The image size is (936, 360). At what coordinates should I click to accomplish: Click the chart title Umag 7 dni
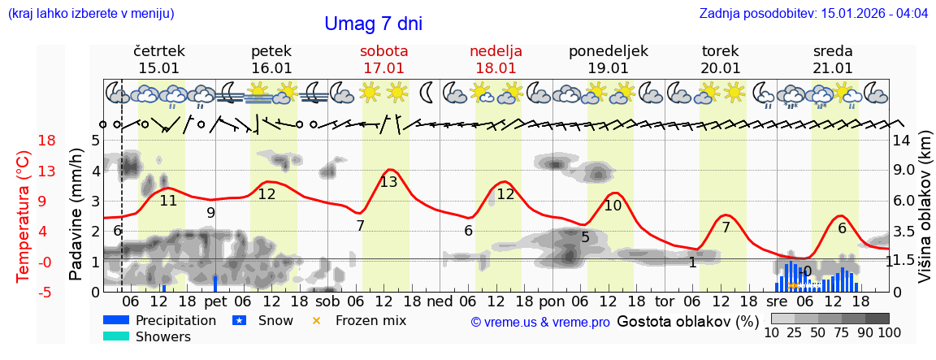pyautogui.click(x=373, y=24)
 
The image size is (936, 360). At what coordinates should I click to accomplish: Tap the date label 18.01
pyautogui.click(x=496, y=68)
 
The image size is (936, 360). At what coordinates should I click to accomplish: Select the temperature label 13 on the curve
pyautogui.click(x=388, y=182)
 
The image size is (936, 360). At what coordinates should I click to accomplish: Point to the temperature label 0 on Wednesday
pyautogui.click(x=807, y=271)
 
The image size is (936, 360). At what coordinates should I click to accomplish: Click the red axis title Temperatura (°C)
pyautogui.click(x=24, y=215)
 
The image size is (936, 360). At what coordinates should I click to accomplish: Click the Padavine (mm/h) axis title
pyautogui.click(x=76, y=215)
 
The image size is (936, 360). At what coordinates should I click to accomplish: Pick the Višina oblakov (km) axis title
pyautogui.click(x=925, y=214)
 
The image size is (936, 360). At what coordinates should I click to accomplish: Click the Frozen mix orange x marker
pyautogui.click(x=317, y=320)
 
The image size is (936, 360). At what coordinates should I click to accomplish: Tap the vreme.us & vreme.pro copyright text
pyautogui.click(x=539, y=322)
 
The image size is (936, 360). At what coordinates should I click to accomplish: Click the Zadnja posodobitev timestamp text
pyautogui.click(x=813, y=14)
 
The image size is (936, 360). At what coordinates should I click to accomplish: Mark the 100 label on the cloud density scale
pyautogui.click(x=889, y=332)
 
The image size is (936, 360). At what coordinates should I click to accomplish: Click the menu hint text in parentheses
pyautogui.click(x=91, y=14)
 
